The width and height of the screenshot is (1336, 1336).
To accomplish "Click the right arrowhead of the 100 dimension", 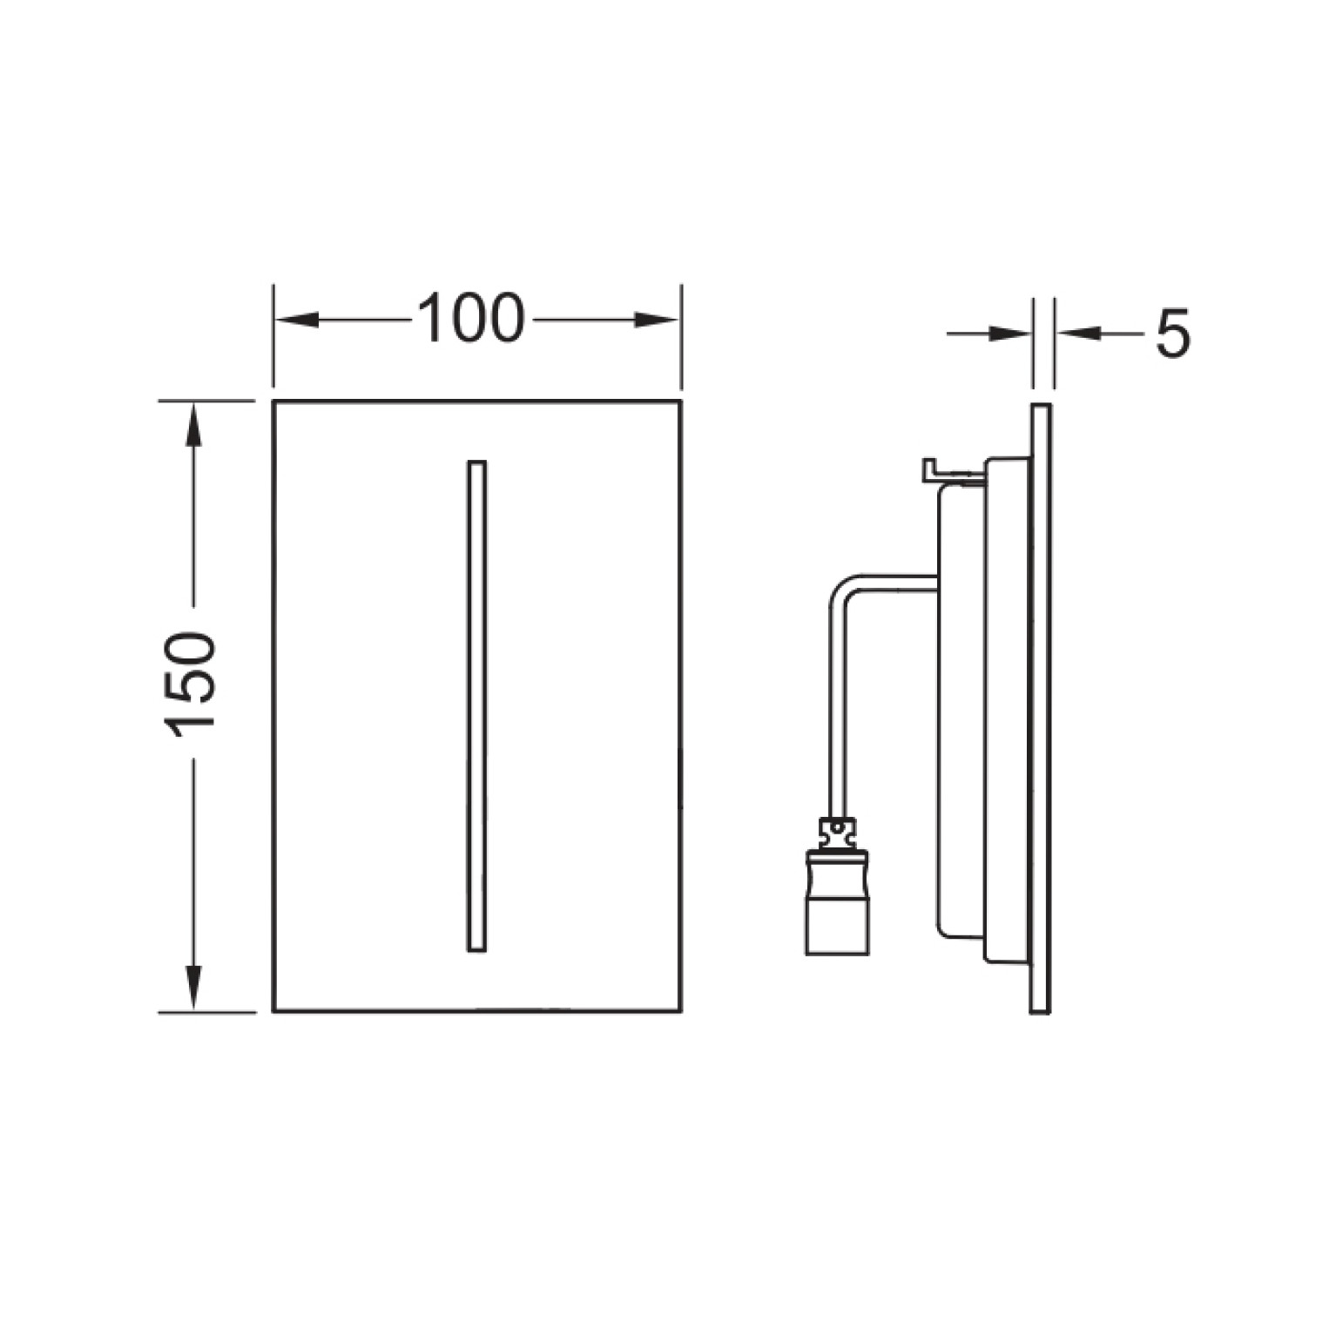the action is click(x=657, y=321).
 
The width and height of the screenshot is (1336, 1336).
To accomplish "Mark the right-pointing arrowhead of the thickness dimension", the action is click(x=1009, y=333).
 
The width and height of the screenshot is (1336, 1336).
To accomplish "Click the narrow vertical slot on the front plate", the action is click(x=477, y=705).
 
